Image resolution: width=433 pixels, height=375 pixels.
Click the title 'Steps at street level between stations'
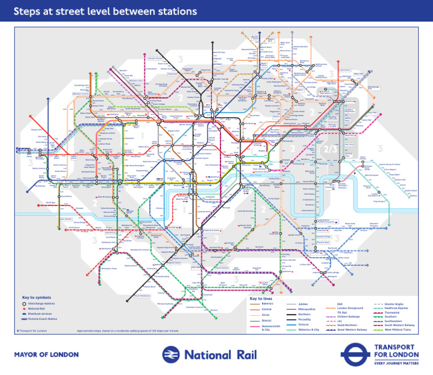point(105,11)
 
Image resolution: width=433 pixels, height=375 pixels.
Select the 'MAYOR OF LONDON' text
point(46,355)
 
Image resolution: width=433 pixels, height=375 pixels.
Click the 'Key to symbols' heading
point(37,297)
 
